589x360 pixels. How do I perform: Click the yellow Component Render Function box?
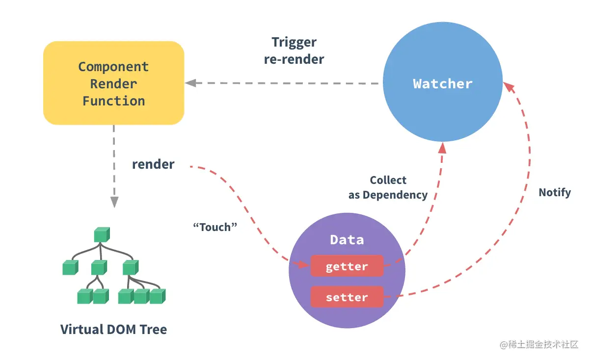pos(113,83)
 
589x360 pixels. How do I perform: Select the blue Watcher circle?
pos(443,82)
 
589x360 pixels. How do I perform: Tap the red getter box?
pos(347,266)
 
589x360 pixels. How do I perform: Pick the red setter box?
pos(347,297)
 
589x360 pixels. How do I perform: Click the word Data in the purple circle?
pos(347,240)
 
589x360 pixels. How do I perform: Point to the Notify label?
pos(555,193)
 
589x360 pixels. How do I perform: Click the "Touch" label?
pos(215,227)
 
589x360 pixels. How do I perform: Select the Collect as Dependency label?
pos(388,188)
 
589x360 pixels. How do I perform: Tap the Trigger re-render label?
pos(294,51)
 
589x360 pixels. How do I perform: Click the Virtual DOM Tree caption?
pos(113,329)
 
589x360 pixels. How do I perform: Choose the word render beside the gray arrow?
pos(153,164)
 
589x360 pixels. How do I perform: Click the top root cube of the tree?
pos(102,234)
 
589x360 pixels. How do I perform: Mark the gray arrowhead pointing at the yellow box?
pos(190,83)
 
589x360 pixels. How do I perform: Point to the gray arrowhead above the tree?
pos(114,202)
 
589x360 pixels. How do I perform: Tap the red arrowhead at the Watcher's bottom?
pos(442,148)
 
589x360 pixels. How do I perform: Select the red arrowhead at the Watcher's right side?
pos(509,87)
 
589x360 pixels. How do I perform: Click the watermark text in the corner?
pos(539,344)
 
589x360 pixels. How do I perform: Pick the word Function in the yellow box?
pos(113,101)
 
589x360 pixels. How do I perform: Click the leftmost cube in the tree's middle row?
pos(70,267)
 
